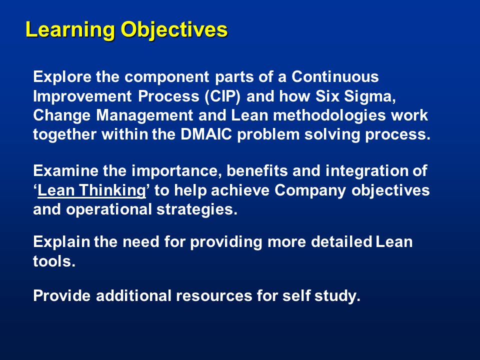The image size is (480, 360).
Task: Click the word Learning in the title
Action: coord(70,30)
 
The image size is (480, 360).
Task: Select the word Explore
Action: coord(62,77)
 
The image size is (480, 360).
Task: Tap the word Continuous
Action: coord(335,76)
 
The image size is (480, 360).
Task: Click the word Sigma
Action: coord(370,96)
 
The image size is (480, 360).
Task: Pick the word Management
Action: coord(144,116)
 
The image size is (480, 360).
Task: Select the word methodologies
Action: coord(329,116)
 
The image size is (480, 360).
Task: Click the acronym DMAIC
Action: coord(206,134)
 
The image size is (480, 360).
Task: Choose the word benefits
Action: coord(257,171)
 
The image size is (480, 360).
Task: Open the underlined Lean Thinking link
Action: coord(91,190)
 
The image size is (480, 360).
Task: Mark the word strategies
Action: coord(197,210)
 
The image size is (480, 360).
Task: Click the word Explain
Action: coord(61,242)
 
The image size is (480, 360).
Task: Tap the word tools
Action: coord(54,261)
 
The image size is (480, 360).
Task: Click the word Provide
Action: coord(62,295)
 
